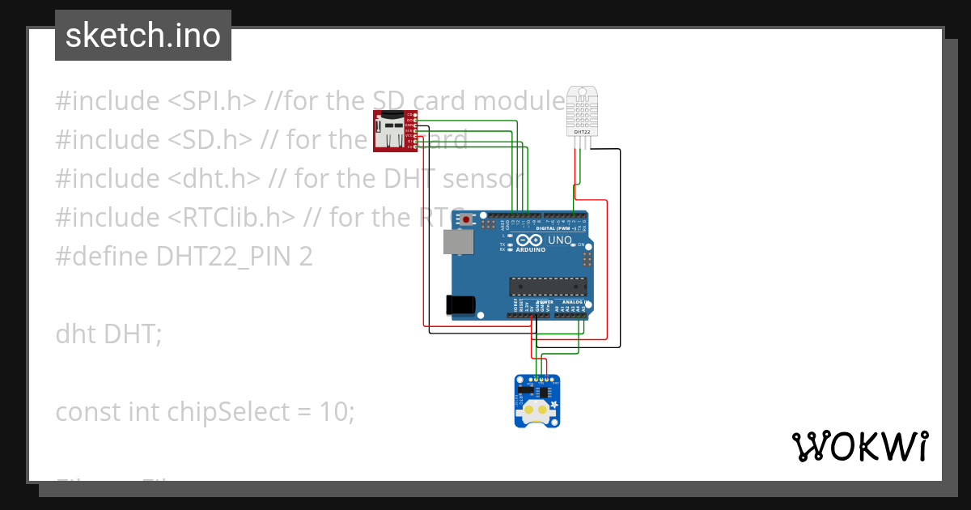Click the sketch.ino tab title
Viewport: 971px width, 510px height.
tap(142, 36)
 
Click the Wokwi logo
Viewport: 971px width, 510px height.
tap(859, 446)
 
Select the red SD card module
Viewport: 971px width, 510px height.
tap(394, 130)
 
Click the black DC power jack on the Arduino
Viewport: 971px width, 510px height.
tap(460, 304)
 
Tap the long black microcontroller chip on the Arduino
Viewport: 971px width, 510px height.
tap(548, 285)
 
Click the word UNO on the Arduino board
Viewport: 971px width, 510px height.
tap(561, 240)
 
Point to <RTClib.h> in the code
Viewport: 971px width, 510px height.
tap(232, 218)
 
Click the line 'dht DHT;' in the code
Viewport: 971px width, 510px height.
tap(108, 334)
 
